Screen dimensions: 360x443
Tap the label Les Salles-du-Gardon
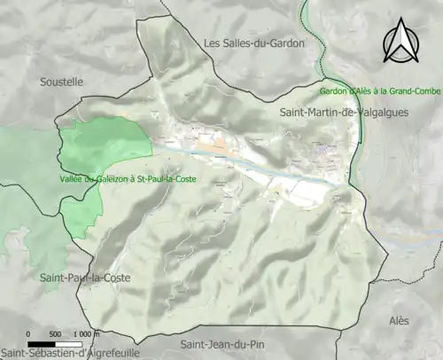(x=253, y=43)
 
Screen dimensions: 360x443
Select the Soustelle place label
(x=61, y=82)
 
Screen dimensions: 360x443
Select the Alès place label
(x=406, y=320)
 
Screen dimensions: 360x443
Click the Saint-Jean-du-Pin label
(x=220, y=344)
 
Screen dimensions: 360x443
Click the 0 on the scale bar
(x=29, y=334)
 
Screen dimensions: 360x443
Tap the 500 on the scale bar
(x=55, y=334)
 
